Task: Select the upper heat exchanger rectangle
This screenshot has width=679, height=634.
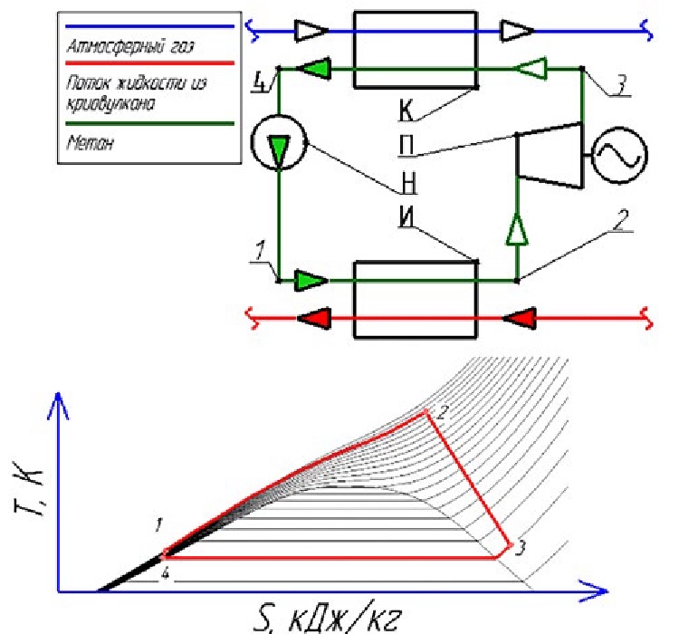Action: [416, 50]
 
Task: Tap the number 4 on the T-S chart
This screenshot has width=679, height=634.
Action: [165, 573]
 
